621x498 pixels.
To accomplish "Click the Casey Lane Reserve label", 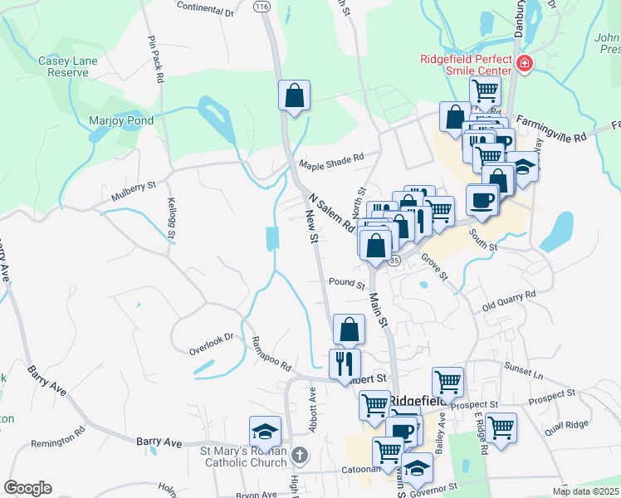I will (x=63, y=66).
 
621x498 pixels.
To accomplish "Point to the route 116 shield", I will (x=263, y=6).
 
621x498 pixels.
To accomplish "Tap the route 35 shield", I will (x=394, y=261).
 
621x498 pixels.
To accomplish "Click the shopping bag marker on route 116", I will (x=295, y=96).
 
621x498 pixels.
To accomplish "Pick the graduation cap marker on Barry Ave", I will (x=265, y=432).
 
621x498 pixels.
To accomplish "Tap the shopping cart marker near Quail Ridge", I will (x=501, y=428).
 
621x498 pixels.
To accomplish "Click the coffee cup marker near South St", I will (x=482, y=199).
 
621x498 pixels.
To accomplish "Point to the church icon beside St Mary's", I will (x=301, y=455).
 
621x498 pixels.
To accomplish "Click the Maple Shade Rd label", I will (x=332, y=158).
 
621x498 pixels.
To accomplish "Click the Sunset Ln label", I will (x=521, y=375).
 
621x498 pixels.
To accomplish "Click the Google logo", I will (x=27, y=488).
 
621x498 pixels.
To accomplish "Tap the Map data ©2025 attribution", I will (x=585, y=491).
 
